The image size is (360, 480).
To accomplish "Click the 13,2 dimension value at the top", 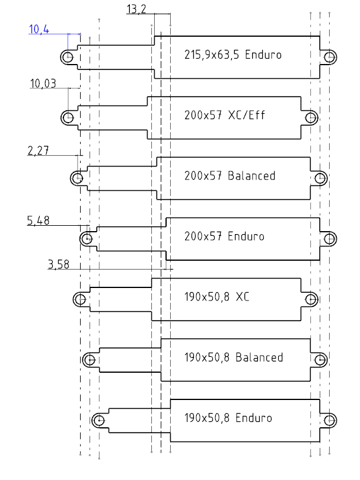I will (x=136, y=9).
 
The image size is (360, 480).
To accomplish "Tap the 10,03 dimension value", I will (x=43, y=84).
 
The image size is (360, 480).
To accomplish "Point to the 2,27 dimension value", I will (x=38, y=151).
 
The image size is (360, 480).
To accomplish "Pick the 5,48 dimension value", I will (x=38, y=221).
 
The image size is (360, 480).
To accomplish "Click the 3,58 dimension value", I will (x=58, y=264).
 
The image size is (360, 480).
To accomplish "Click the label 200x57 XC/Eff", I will (x=224, y=115).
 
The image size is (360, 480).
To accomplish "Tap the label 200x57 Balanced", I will (x=230, y=176).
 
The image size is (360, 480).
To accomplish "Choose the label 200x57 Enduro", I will (x=224, y=236).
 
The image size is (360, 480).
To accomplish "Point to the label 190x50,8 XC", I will (x=216, y=297).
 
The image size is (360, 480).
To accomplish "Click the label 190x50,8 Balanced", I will (x=233, y=357).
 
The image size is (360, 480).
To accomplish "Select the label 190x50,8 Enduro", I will (x=228, y=418).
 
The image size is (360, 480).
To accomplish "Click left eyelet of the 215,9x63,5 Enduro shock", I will (x=68, y=57).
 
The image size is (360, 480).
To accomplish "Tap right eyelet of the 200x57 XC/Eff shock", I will (x=310, y=117).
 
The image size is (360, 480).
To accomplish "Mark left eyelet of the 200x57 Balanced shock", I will (x=78, y=178).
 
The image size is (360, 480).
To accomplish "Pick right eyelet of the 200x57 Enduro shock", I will (x=329, y=238).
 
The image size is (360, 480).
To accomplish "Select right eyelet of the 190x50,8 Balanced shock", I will (x=320, y=359).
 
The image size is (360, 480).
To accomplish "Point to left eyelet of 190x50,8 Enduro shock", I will (x=98, y=420).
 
